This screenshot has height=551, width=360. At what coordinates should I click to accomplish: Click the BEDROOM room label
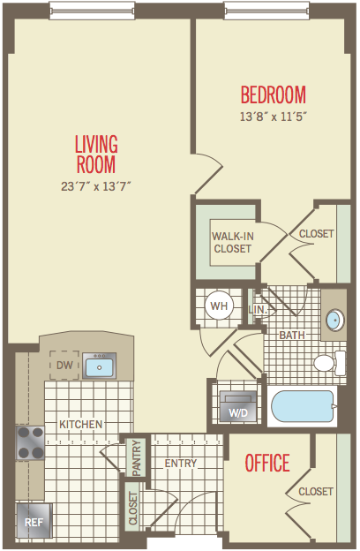pyautogui.click(x=274, y=94)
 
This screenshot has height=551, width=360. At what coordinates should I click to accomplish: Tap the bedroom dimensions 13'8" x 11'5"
pyautogui.click(x=274, y=117)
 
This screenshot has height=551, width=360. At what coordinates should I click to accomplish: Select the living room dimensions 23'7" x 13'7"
pyautogui.click(x=96, y=186)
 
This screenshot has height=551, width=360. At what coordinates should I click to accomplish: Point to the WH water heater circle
pyautogui.click(x=219, y=306)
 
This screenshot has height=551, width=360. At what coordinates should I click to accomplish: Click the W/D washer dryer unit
pyautogui.click(x=238, y=406)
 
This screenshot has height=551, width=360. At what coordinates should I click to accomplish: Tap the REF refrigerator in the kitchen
pyautogui.click(x=34, y=522)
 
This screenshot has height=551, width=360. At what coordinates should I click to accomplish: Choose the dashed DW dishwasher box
pyautogui.click(x=64, y=365)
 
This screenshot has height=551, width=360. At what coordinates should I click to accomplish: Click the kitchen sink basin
pyautogui.click(x=100, y=366)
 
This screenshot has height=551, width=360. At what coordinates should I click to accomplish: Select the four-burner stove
pyautogui.click(x=30, y=443)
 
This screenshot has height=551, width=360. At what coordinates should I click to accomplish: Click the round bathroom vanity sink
pyautogui.click(x=334, y=320)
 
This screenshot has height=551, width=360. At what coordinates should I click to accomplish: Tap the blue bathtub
pyautogui.click(x=303, y=406)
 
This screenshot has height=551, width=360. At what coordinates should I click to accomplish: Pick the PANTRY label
pyautogui.click(x=136, y=458)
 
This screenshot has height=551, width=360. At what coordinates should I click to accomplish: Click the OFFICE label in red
pyautogui.click(x=267, y=463)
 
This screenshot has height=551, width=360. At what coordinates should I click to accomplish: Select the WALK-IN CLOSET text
pyautogui.click(x=233, y=243)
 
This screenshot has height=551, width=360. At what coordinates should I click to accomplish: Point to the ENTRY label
pyautogui.click(x=181, y=464)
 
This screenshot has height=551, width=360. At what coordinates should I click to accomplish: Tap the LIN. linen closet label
pyautogui.click(x=258, y=310)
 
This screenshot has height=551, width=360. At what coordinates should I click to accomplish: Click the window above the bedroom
pyautogui.click(x=267, y=11)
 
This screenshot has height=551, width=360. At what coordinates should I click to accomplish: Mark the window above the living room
pyautogui.click(x=92, y=11)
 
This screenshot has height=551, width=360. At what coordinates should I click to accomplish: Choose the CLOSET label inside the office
pyautogui.click(x=316, y=491)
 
